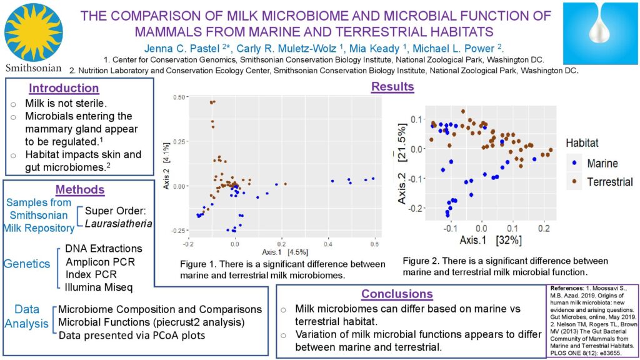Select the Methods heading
tap(79, 189)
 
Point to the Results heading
tap(392, 87)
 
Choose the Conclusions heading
tap(397, 293)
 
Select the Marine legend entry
tap(602, 164)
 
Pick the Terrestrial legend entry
tap(609, 182)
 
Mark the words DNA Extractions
tap(103, 249)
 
